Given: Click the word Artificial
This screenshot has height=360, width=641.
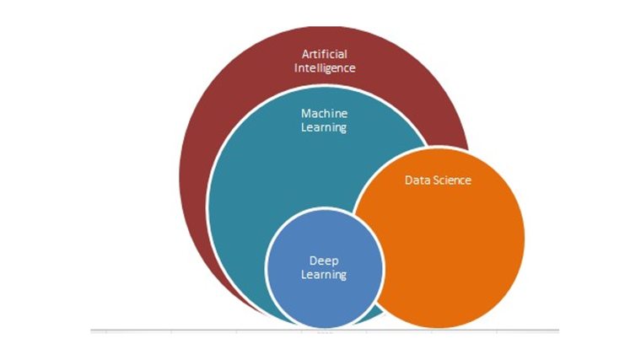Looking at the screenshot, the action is pos(325,54).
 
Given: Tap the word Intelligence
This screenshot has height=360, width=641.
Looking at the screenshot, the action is pos(325,68).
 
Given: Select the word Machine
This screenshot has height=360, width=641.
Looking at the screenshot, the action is pos(324,113).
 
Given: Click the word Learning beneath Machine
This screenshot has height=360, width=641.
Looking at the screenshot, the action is pos(324,127).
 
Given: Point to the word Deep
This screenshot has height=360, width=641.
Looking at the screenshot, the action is pos(324,261).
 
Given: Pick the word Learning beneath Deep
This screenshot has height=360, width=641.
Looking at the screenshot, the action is pos(324,275).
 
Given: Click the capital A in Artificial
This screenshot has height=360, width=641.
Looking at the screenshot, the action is pos(306,54).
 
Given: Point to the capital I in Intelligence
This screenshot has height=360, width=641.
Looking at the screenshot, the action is pos(296,67).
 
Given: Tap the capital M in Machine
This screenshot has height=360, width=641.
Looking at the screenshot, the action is pos(306,114).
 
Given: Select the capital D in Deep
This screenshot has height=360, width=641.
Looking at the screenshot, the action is pos(314,261).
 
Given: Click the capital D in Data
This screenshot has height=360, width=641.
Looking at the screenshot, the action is pos(409,180).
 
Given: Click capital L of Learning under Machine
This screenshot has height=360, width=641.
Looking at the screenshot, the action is pos(304,126).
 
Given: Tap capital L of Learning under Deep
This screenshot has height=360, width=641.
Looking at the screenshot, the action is pos(304,274).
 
